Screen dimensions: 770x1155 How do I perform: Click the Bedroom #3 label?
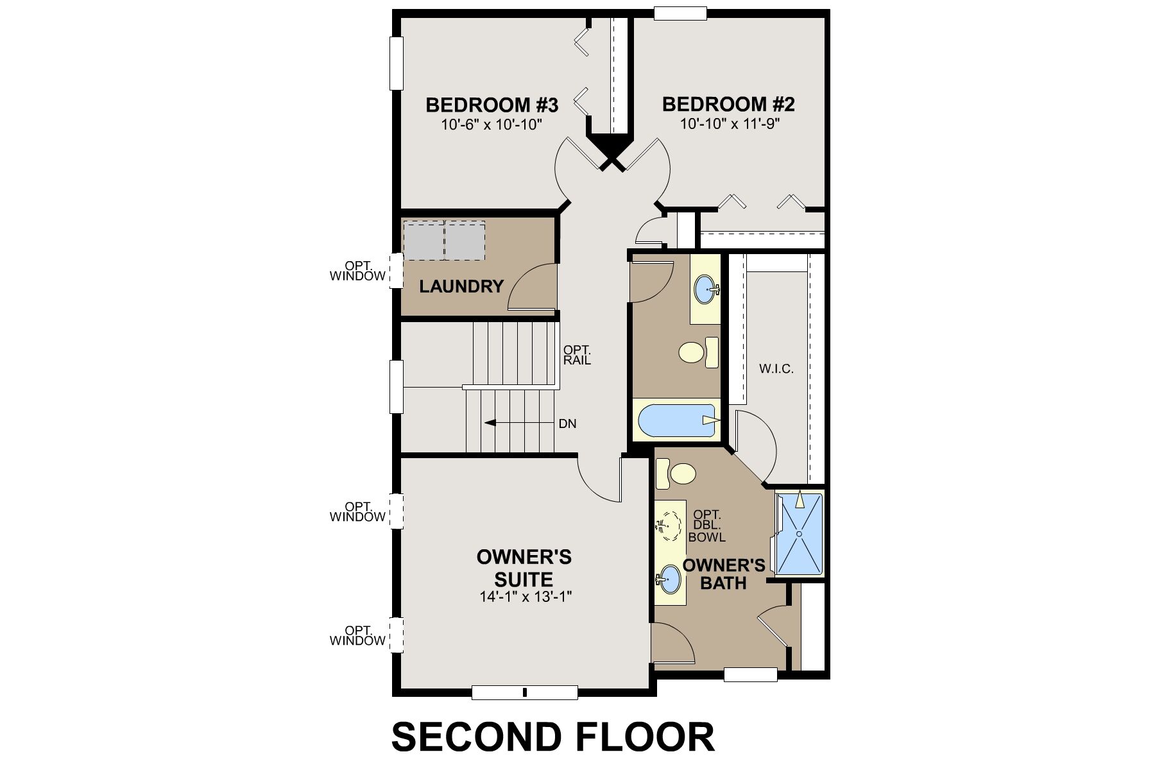(x=492, y=105)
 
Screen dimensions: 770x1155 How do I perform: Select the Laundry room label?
(x=461, y=286)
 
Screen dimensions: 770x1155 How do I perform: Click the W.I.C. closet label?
(x=776, y=369)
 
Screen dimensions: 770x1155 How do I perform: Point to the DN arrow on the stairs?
(x=490, y=423)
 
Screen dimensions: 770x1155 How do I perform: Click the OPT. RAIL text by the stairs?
(x=577, y=355)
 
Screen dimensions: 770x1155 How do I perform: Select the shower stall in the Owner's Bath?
(x=800, y=533)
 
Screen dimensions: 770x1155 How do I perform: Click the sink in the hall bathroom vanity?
(x=705, y=289)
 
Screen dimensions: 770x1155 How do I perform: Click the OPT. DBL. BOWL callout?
(x=707, y=526)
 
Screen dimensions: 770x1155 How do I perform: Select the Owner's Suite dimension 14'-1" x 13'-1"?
(x=525, y=597)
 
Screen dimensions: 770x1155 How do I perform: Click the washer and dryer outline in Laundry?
(x=443, y=240)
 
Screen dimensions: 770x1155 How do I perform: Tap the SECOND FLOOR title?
(x=552, y=737)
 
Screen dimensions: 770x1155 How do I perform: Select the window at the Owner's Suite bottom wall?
(x=524, y=692)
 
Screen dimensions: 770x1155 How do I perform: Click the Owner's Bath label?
(x=723, y=574)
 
